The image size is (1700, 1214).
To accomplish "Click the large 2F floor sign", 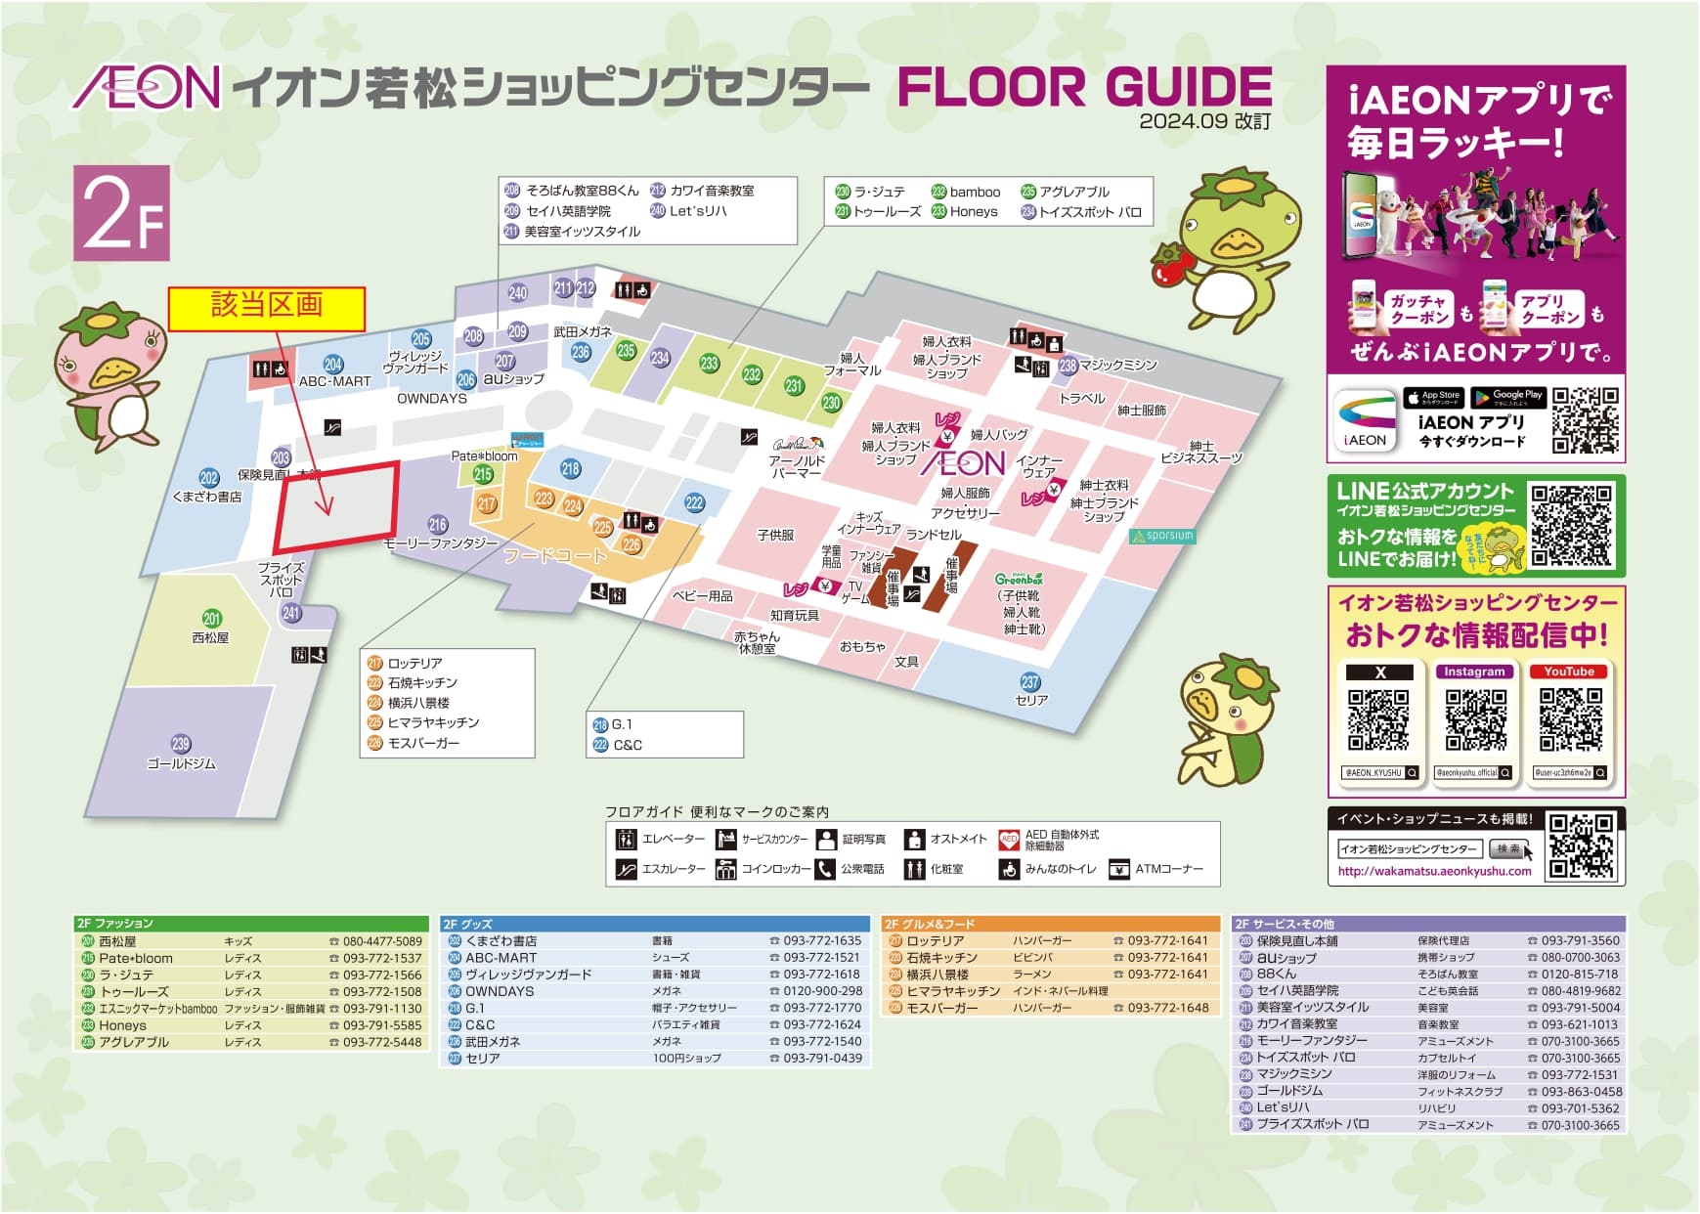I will coord(121,213).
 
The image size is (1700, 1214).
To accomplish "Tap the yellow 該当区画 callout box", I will coord(267,308).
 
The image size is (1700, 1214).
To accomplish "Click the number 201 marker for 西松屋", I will coord(212,618).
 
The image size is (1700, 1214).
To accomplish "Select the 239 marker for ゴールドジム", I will coord(181,744).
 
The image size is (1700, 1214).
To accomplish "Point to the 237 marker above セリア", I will coord(1030,682).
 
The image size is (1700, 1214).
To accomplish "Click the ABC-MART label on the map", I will coord(335,381).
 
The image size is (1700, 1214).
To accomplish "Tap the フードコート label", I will coord(554,555).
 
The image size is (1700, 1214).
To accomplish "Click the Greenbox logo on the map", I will coord(1019,579).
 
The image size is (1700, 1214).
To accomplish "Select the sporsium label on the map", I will coord(1163,536).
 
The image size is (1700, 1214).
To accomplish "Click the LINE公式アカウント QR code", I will coord(1571,526).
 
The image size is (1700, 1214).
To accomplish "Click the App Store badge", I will coord(1433,398).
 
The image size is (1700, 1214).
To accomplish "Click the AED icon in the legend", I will coord(1009,840).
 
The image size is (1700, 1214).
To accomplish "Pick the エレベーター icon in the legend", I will coord(626,840).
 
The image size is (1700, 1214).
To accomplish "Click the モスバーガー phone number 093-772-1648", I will coord(1167,1007).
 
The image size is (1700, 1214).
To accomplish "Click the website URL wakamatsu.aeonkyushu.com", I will coord(1434,871).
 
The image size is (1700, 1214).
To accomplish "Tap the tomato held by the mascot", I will coord(1167,266).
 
